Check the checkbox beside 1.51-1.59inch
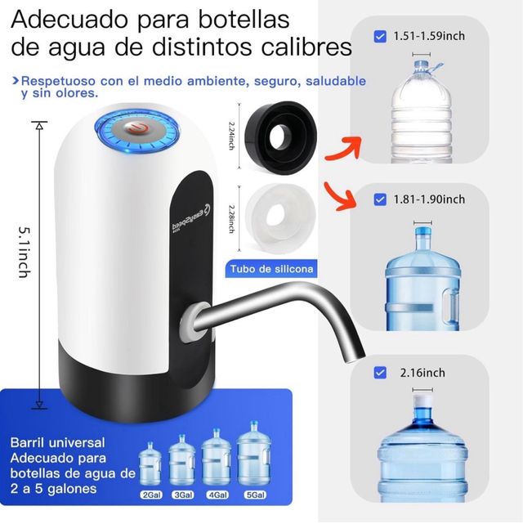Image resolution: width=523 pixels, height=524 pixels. [379, 36]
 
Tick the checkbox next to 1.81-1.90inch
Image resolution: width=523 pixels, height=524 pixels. [379, 199]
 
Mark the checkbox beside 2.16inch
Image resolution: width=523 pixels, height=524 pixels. [379, 373]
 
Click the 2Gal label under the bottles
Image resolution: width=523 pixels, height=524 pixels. [151, 495]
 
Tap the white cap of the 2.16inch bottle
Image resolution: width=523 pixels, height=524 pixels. [422, 403]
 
